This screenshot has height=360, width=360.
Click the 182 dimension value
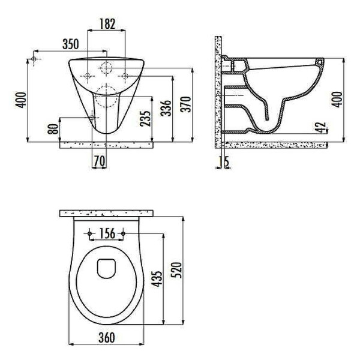pyautogui.click(x=106, y=24)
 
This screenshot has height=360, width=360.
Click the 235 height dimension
pyautogui.click(x=146, y=121)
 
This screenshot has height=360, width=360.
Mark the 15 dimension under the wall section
pyautogui.click(x=224, y=161)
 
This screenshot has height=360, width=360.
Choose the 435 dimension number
pyautogui.click(x=158, y=280)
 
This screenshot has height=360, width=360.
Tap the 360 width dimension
pyautogui.click(x=106, y=338)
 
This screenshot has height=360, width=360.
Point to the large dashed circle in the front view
pyautogui.click(x=106, y=96)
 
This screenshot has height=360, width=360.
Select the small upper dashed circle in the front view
pyautogui.click(x=106, y=67)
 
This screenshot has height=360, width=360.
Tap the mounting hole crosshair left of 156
pyautogui.click(x=89, y=233)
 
